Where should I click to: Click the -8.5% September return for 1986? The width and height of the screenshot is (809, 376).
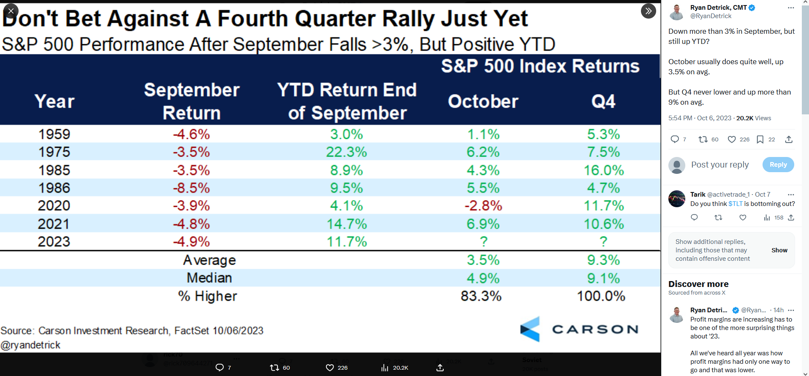tap(191, 188)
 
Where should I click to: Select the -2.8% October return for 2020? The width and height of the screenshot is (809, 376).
tap(483, 206)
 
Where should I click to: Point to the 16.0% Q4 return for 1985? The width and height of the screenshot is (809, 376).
tap(603, 170)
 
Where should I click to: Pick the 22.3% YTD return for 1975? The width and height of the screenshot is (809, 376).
tap(346, 152)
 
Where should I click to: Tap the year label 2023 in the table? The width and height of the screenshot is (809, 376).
tap(54, 241)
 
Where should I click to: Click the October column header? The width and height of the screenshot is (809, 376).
tap(483, 101)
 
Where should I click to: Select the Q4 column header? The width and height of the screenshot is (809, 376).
tap(603, 101)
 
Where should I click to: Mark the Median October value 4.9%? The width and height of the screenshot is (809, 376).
tap(483, 278)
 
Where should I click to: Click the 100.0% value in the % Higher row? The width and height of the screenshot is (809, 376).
tap(601, 296)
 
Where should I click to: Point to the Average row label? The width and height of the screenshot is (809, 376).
tap(209, 260)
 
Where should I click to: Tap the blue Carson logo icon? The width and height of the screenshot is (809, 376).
tap(530, 329)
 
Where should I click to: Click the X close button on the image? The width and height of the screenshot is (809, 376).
tap(11, 11)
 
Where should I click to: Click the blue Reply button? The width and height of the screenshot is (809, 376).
tap(778, 165)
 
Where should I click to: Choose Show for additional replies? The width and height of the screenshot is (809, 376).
tap(779, 250)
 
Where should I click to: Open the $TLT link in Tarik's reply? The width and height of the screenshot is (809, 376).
tap(735, 204)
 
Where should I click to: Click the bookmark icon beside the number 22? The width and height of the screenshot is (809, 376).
tap(760, 140)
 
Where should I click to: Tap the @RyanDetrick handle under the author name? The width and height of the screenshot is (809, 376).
tap(711, 16)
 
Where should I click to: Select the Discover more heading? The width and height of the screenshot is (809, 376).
tap(698, 284)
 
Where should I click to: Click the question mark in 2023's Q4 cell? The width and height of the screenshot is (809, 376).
tap(603, 241)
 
